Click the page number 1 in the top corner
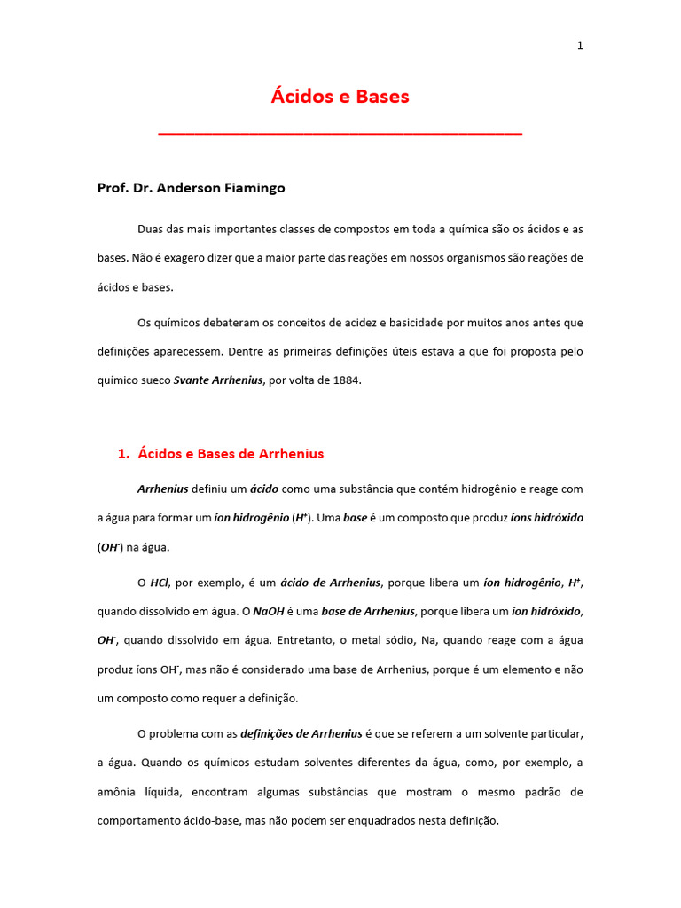580,46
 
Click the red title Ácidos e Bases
340,97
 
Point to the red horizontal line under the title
340,134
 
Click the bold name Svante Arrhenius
218,380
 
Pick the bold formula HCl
160,583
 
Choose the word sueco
153,380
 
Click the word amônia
116,792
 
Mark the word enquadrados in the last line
390,821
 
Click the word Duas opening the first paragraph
150,229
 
